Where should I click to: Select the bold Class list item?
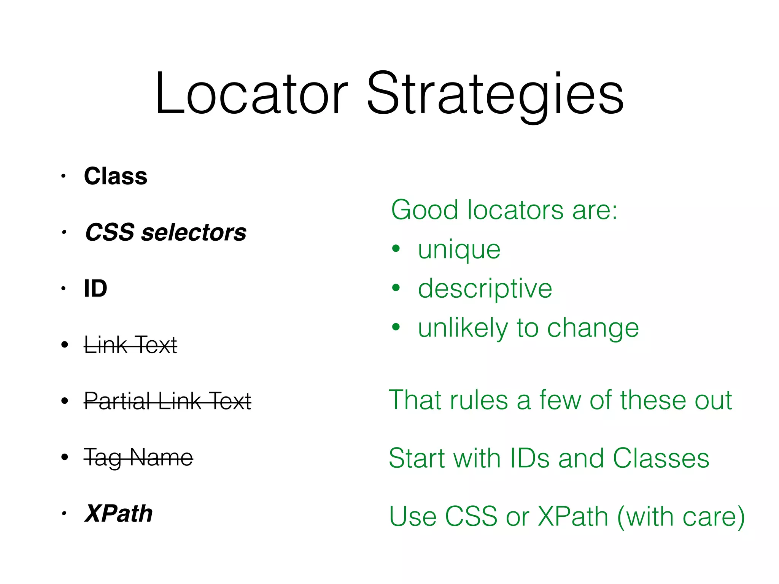[x=116, y=176]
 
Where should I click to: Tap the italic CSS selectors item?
[x=166, y=232]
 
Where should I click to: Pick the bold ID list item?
[x=95, y=289]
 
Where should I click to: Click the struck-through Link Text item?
[x=130, y=345]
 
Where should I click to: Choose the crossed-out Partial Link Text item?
[x=167, y=401]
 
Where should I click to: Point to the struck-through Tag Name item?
[x=138, y=457]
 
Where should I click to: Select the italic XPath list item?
[x=119, y=513]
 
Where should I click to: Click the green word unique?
[x=459, y=250]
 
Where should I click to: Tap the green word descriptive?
[x=485, y=289]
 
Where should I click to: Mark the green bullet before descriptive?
[x=396, y=288]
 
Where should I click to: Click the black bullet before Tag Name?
[x=65, y=457]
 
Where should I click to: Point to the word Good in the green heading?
[x=424, y=210]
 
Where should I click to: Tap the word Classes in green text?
[x=661, y=458]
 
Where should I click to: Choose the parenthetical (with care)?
[x=681, y=516]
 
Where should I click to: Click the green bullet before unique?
[x=396, y=249]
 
